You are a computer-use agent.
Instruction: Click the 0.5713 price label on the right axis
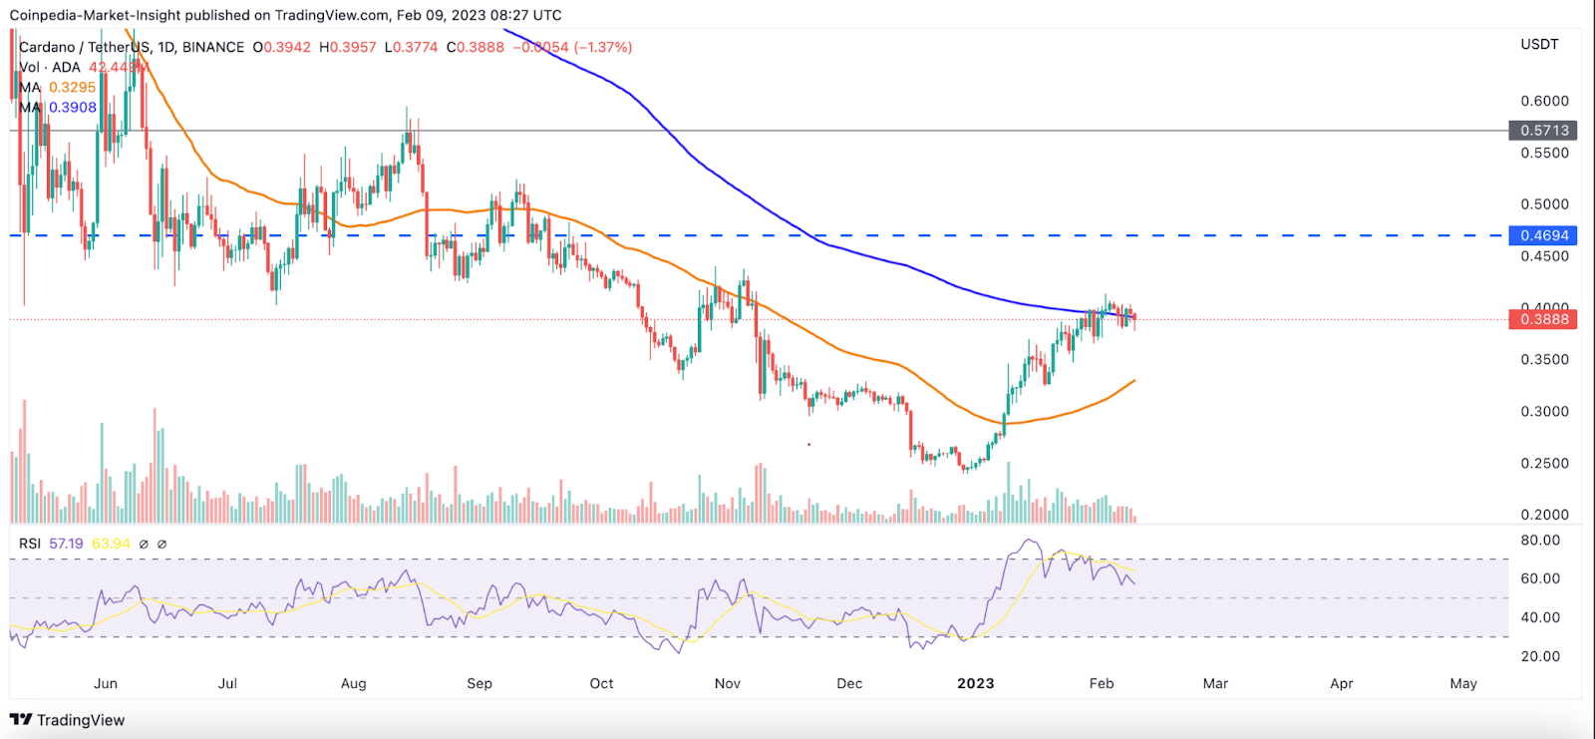(x=1544, y=131)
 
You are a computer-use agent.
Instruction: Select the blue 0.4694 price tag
(x=1544, y=235)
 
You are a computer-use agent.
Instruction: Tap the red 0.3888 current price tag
(x=1544, y=319)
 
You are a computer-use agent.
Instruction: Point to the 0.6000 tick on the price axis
(x=1544, y=101)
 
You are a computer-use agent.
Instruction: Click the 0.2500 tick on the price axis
(x=1544, y=463)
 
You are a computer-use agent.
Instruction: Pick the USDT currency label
(x=1539, y=45)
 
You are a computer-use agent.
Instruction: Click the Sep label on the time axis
(x=479, y=683)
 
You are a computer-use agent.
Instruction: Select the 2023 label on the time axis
(x=975, y=683)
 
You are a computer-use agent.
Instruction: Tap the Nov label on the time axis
(x=728, y=683)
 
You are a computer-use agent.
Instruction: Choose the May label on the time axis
(x=1462, y=683)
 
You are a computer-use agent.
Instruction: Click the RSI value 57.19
(x=66, y=544)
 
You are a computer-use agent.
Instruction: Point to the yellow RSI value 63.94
(x=111, y=544)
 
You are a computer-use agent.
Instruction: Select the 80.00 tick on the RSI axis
(x=1540, y=541)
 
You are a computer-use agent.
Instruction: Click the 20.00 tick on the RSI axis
(x=1540, y=656)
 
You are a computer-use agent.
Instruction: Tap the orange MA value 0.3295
(x=73, y=88)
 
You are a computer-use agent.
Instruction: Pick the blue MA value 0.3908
(x=73, y=108)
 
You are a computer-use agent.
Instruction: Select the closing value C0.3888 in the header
(x=476, y=47)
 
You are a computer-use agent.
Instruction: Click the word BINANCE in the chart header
(x=212, y=47)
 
